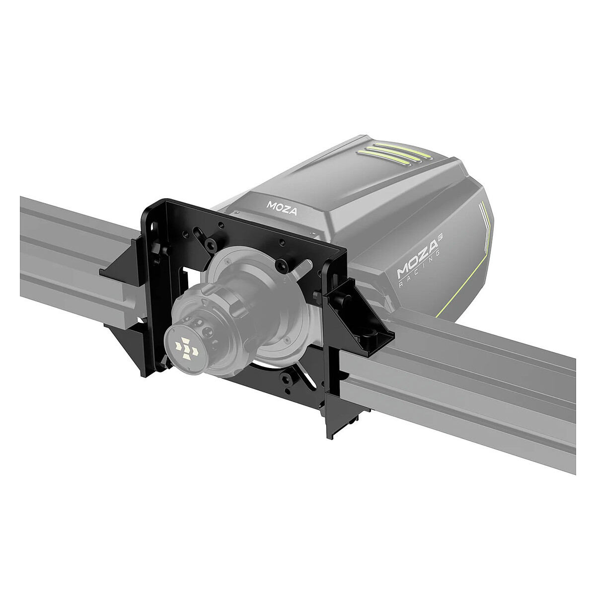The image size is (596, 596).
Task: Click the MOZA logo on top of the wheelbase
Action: pyautogui.click(x=282, y=207)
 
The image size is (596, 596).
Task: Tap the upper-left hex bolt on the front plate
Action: pyautogui.click(x=212, y=243)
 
